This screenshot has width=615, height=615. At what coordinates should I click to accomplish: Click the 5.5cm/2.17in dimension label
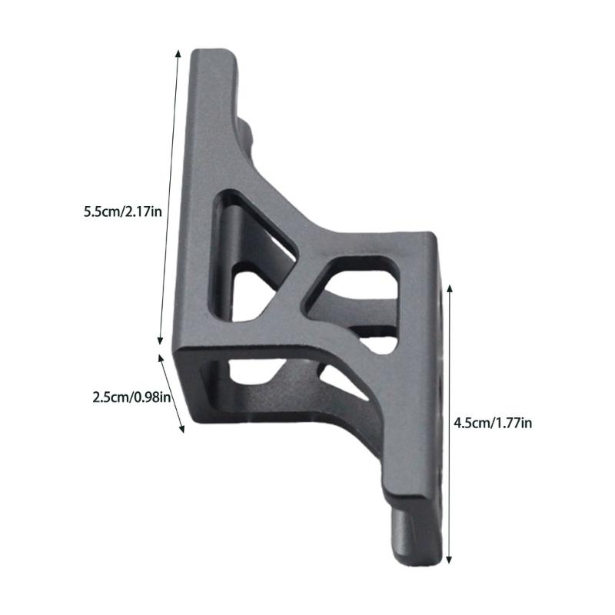point(123,211)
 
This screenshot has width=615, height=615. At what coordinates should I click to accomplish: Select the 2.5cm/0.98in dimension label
point(131,397)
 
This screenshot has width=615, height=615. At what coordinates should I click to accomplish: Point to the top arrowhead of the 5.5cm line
point(179,52)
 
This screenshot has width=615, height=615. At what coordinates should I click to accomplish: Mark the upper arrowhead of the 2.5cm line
point(161,357)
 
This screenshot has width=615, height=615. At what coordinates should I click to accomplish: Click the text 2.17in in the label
point(143,211)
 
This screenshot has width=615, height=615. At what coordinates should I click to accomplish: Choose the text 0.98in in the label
point(151,397)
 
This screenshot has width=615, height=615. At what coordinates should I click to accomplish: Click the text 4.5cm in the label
point(471,422)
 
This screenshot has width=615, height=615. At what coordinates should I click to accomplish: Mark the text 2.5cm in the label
point(109,397)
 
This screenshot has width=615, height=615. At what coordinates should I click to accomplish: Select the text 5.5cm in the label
point(101,211)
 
